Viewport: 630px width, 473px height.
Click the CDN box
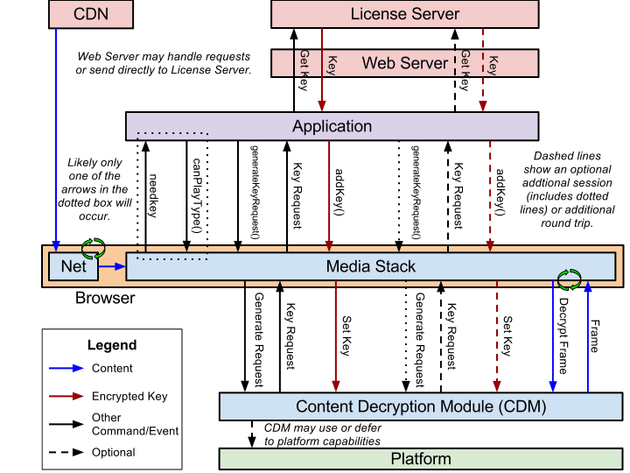coord(91,14)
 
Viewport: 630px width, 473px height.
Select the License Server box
coord(404,14)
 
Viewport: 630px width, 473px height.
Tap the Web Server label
coord(404,63)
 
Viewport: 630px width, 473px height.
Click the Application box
coord(332,126)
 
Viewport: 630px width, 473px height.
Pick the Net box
coord(73,266)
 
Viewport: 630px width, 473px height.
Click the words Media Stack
coord(371,266)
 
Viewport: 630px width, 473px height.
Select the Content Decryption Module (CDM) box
coord(420,406)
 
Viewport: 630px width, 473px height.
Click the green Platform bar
coord(420,459)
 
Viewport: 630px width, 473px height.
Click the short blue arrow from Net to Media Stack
coord(112,266)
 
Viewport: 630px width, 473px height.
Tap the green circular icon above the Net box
coord(93,248)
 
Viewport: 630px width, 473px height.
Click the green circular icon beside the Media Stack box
coord(570,279)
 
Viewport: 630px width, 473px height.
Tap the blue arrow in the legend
coord(66,368)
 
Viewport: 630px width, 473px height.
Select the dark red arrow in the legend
coord(66,396)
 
